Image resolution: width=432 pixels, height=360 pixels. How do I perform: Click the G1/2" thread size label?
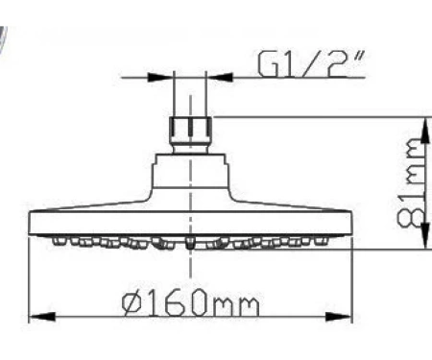[311, 65]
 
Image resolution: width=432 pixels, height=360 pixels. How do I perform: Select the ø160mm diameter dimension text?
[190, 302]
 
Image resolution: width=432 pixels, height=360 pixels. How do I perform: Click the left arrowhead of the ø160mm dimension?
[42, 317]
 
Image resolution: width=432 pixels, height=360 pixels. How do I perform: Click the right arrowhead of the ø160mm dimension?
[339, 317]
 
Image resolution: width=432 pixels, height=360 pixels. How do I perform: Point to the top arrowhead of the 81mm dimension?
[425, 131]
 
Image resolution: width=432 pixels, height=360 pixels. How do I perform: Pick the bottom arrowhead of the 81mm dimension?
[425, 235]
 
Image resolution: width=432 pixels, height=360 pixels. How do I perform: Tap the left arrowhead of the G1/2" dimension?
[160, 77]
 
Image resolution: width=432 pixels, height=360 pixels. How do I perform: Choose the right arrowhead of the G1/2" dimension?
[220, 77]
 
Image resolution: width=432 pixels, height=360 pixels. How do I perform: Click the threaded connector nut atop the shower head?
[190, 132]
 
